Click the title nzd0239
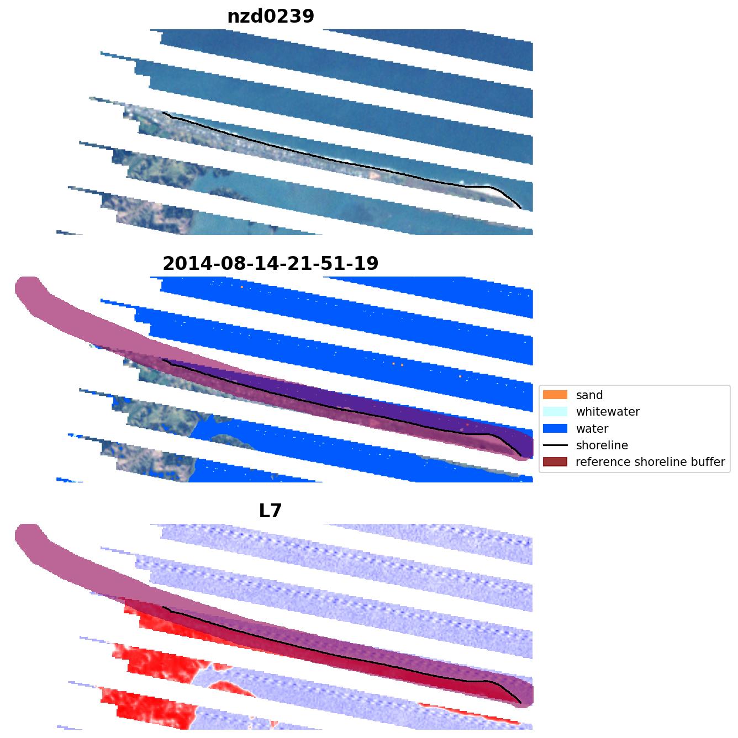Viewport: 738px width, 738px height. pyautogui.click(x=271, y=17)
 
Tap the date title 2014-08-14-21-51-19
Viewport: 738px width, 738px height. pyautogui.click(x=271, y=263)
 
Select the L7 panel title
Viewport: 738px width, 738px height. pyautogui.click(x=271, y=511)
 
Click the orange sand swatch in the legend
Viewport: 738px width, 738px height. pyautogui.click(x=555, y=395)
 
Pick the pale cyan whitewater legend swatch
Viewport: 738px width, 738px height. pyautogui.click(x=555, y=411)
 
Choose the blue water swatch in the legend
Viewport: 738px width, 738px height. pyautogui.click(x=555, y=428)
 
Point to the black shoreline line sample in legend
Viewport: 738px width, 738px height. pyautogui.click(x=555, y=445)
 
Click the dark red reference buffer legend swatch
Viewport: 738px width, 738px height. pyautogui.click(x=555, y=461)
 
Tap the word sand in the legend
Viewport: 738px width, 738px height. pyautogui.click(x=589, y=395)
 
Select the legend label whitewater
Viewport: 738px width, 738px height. pyautogui.click(x=608, y=412)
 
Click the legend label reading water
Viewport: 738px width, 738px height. pyautogui.click(x=592, y=429)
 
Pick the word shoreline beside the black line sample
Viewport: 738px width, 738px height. pyautogui.click(x=602, y=445)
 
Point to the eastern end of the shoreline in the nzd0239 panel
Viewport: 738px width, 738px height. pyautogui.click(x=521, y=208)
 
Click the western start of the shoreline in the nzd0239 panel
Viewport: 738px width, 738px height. pyautogui.click(x=163, y=113)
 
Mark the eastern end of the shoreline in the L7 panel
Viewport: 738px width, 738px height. pyautogui.click(x=521, y=703)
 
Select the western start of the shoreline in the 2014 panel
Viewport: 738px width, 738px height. pyautogui.click(x=163, y=360)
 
